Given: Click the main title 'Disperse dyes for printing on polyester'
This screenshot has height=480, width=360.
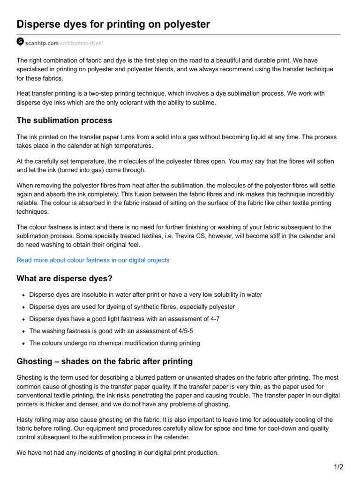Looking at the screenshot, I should click(x=113, y=24).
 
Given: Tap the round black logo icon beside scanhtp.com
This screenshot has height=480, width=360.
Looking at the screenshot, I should click(x=20, y=42).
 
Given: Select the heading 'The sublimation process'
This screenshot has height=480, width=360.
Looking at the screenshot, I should click(x=64, y=120).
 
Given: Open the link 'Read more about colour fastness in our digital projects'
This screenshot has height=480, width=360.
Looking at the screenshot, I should click(x=93, y=260).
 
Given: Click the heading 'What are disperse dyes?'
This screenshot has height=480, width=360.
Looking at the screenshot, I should click(x=64, y=278).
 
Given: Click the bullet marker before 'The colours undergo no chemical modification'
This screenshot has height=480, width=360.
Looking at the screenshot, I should click(x=23, y=344).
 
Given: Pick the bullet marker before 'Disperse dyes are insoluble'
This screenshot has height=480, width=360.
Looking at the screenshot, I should click(x=23, y=295).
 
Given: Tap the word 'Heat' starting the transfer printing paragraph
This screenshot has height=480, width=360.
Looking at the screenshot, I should click(x=24, y=94).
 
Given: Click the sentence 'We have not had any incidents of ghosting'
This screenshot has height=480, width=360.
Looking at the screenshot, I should click(x=117, y=453).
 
